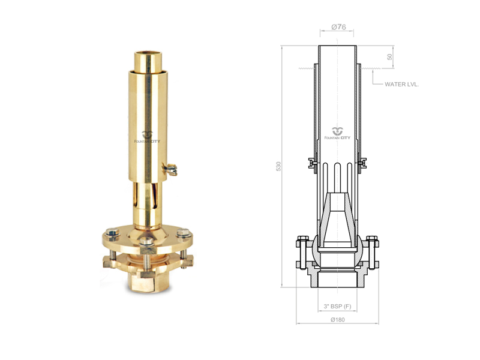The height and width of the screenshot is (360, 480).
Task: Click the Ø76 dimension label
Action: click(x=338, y=27)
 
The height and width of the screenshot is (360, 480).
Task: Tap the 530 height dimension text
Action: click(x=278, y=166)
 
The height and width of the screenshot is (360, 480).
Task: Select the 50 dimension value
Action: click(x=389, y=57)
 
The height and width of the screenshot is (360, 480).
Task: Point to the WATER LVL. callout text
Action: click(x=401, y=85)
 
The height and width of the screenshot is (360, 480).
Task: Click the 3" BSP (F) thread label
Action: click(x=337, y=306)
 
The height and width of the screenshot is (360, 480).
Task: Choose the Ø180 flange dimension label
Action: click(x=338, y=320)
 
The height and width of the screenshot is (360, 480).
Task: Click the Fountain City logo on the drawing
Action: click(x=337, y=133)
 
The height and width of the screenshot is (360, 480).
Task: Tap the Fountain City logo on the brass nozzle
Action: click(x=147, y=137)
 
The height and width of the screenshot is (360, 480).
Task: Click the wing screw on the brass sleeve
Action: click(x=170, y=169)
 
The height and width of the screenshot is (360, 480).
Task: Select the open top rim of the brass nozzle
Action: click(x=148, y=55)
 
